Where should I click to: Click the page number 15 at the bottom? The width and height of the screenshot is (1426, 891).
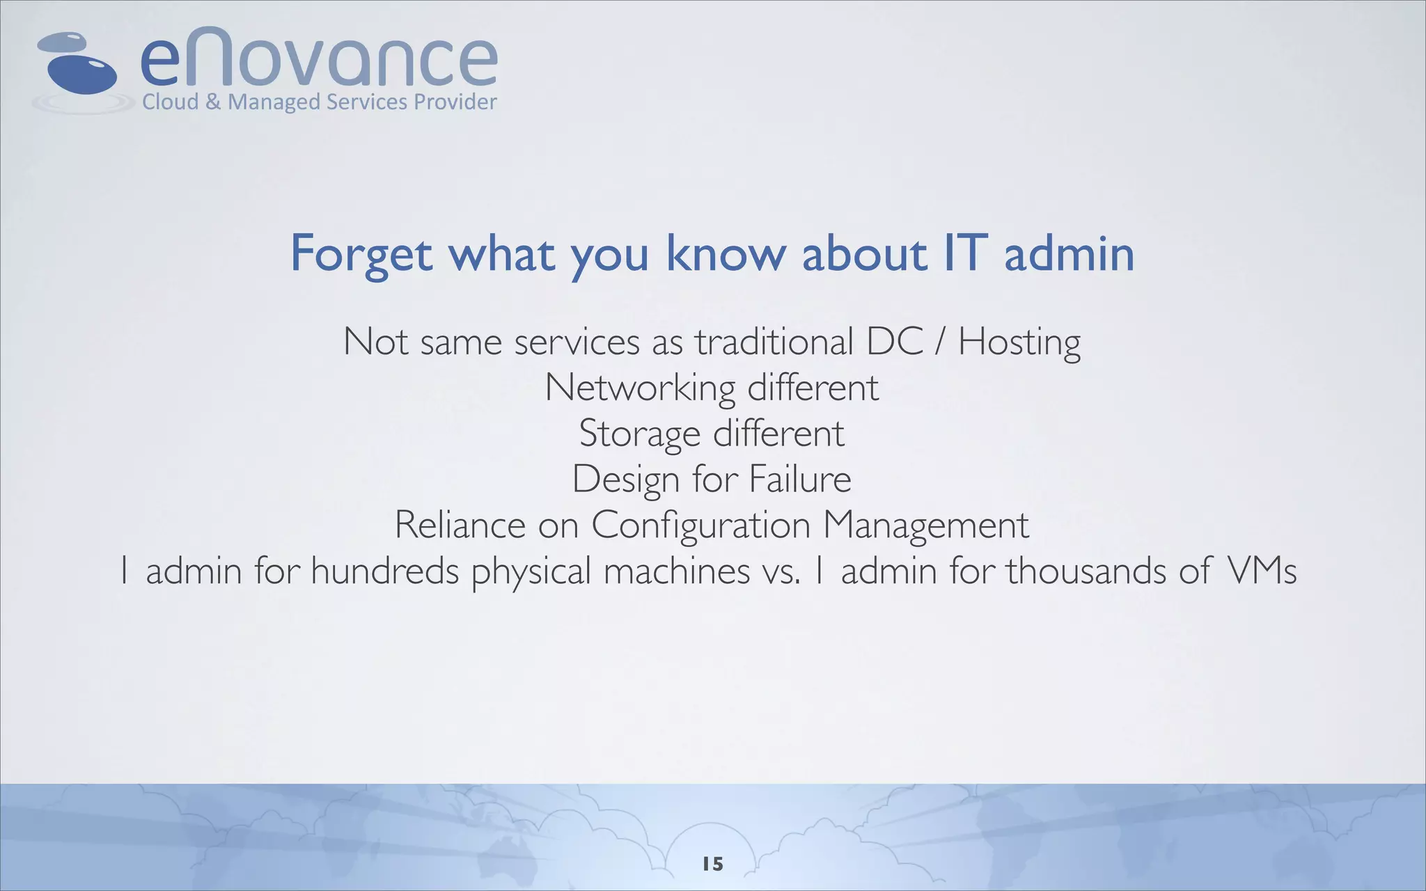[713, 864]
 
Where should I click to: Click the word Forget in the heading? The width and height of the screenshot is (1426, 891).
[361, 254]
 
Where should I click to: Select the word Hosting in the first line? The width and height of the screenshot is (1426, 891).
[1019, 343]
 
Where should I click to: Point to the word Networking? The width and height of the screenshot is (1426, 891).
[640, 388]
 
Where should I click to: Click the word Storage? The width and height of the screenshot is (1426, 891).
[639, 434]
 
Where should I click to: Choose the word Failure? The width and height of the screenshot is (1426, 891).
[800, 479]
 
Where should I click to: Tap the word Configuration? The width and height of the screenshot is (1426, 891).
[700, 526]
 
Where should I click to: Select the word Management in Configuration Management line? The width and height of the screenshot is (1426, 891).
[925, 526]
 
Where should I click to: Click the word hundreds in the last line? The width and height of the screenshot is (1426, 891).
[384, 571]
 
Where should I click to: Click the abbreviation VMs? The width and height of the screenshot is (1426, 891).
[1261, 571]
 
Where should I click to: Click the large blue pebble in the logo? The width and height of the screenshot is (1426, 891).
[82, 74]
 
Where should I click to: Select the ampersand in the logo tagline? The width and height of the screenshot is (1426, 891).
[213, 102]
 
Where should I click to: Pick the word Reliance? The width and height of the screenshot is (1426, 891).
[460, 526]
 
